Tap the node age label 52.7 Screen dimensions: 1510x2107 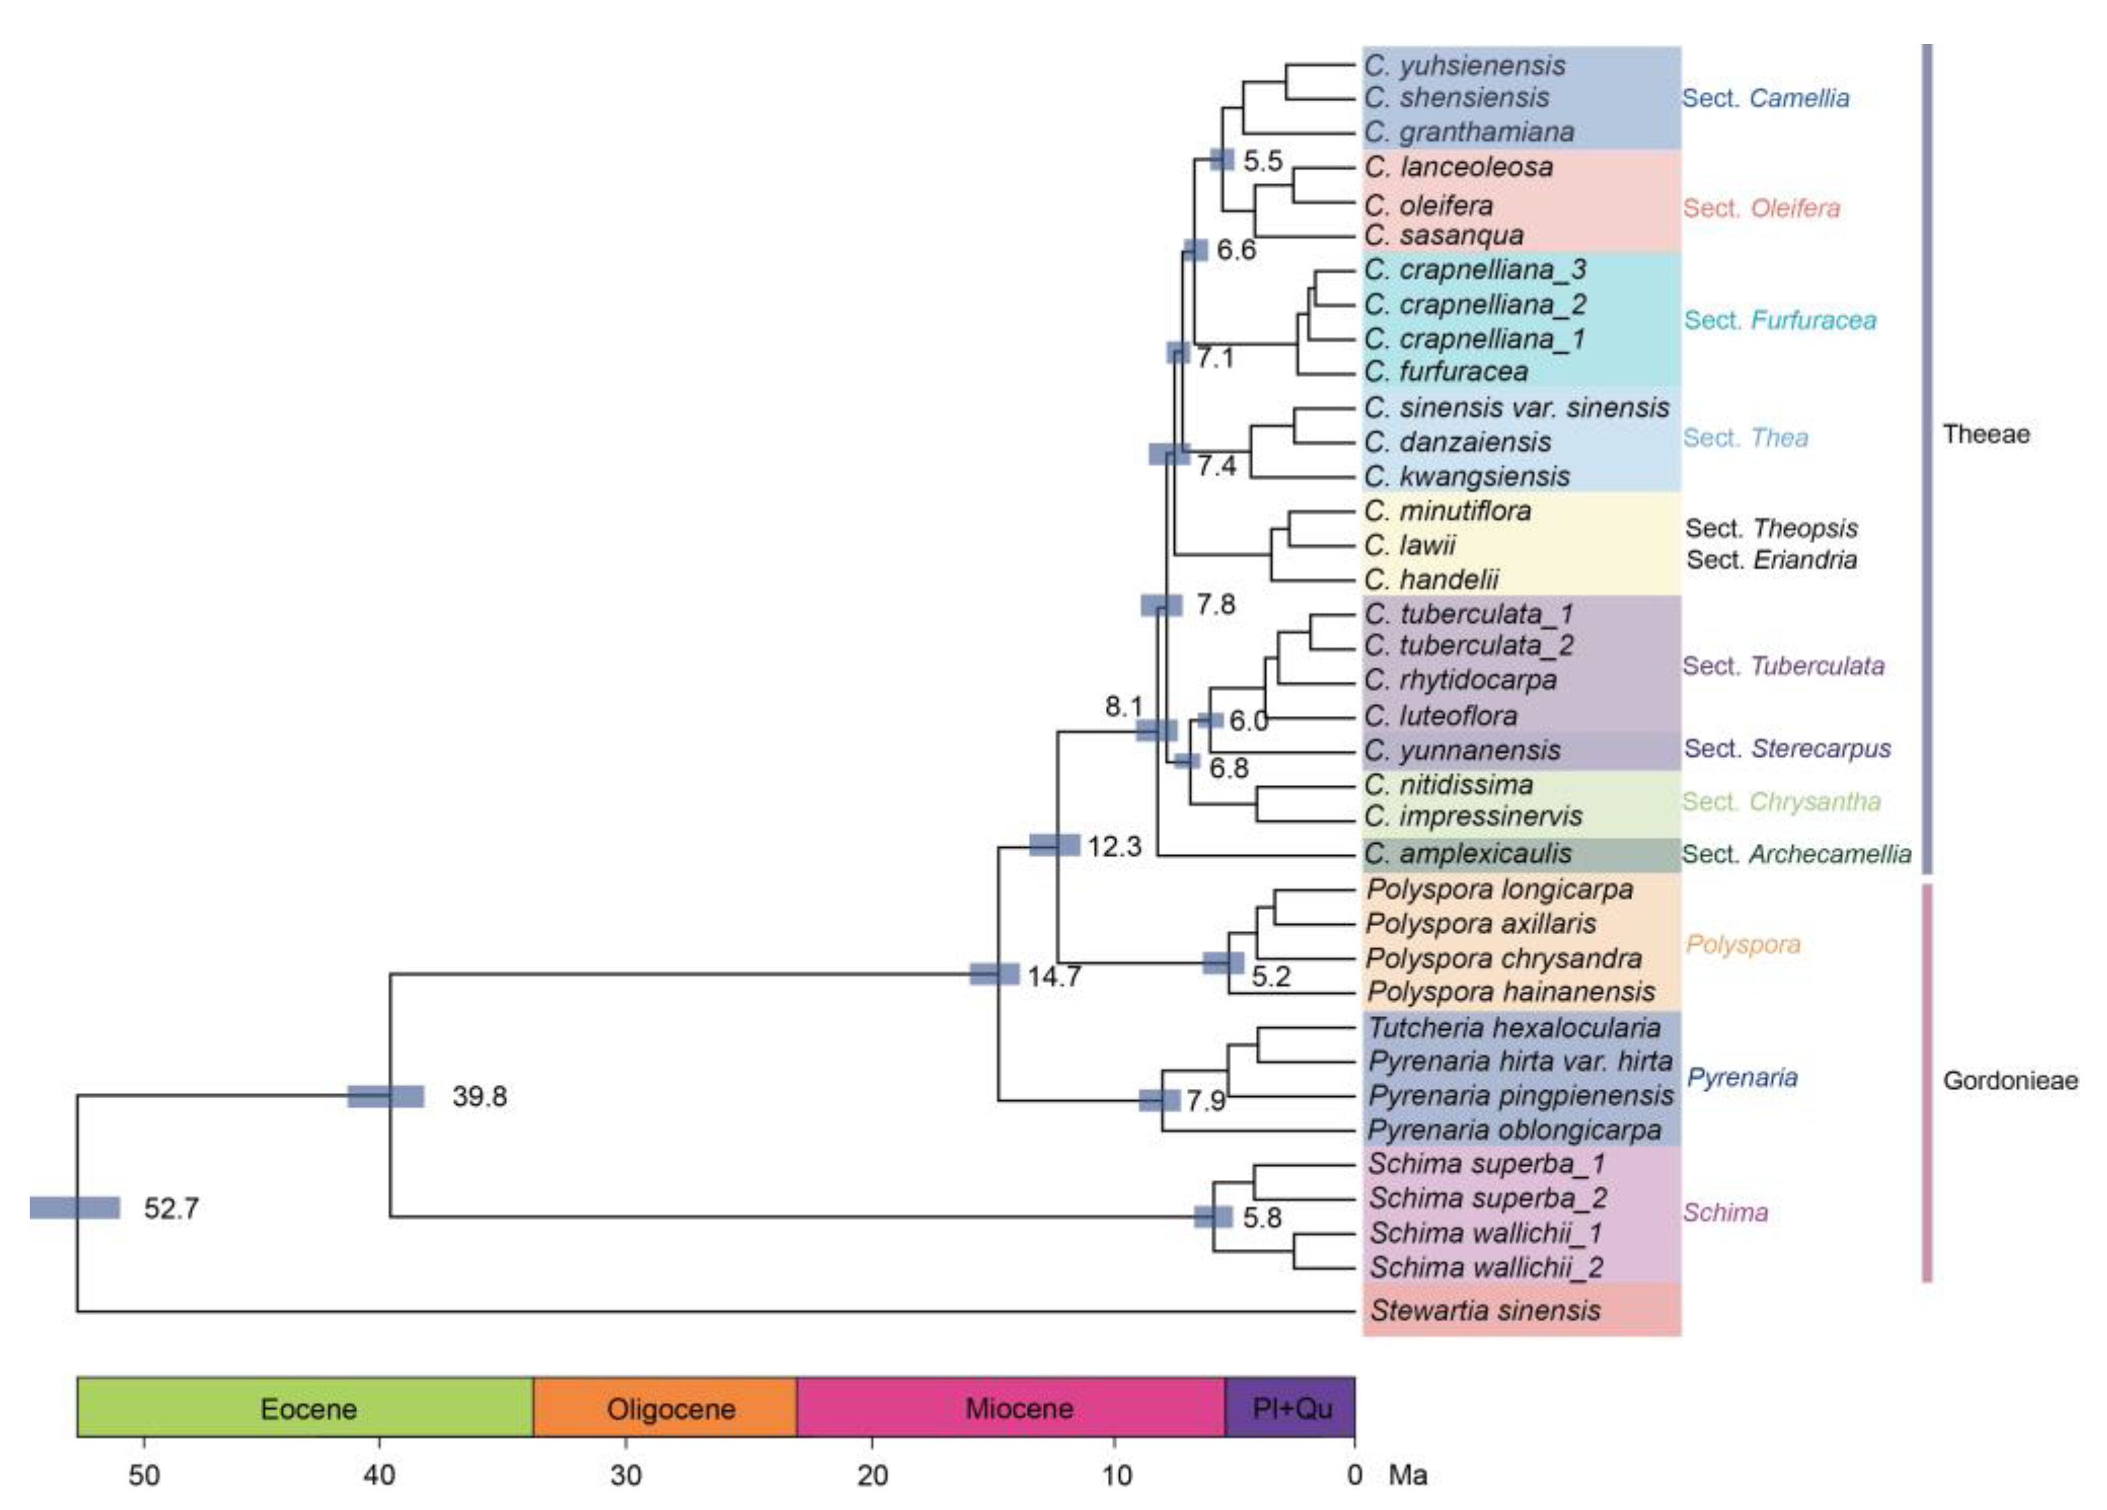171,1208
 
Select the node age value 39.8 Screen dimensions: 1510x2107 479,1097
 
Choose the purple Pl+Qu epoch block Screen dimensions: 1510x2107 1291,1409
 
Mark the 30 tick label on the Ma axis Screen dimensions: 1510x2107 625,1476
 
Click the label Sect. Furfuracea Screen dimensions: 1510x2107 1780,321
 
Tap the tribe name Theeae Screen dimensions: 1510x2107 1986,433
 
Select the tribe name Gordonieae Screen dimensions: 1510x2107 2010,1081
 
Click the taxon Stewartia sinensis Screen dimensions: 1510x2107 1485,1310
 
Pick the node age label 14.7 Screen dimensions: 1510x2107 1053,976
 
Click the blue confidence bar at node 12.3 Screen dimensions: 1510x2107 1055,845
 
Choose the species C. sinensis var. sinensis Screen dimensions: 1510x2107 1516,408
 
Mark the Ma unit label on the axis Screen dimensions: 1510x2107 1408,1476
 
